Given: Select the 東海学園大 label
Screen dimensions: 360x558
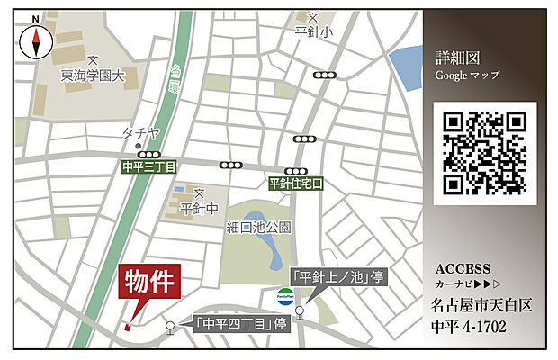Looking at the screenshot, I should pos(94,76).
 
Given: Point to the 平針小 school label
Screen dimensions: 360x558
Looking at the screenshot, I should pos(313,31).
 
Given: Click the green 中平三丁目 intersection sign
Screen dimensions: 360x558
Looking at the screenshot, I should pos(149,166).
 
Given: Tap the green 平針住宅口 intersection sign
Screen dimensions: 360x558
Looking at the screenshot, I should pos(295,184).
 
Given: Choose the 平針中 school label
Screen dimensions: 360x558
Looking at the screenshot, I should pos(199,209).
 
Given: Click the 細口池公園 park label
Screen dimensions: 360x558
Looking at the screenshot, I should pos(259,227).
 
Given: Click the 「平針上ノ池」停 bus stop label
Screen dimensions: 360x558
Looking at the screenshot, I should pos(337,276).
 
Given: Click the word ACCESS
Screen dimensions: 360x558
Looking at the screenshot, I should pos(463,268).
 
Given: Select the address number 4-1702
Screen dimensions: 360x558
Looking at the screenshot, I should pos(486,325).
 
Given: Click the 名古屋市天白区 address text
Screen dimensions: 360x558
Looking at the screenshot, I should pos(481,305).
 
